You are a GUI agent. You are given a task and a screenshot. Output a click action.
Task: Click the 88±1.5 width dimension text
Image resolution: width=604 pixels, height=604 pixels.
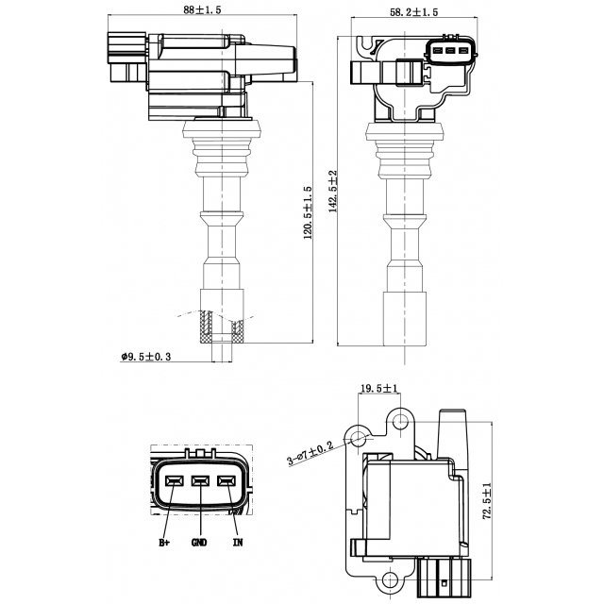coord(202,10)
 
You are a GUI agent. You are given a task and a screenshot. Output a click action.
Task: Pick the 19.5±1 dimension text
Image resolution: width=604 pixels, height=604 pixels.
coord(379,387)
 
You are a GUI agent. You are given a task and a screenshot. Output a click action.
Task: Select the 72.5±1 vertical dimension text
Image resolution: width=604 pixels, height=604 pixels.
coord(487,504)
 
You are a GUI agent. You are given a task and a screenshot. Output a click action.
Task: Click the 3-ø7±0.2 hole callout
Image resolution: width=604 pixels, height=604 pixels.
coord(310,452)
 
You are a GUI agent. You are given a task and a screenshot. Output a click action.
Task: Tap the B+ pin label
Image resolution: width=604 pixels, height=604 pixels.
coord(164,544)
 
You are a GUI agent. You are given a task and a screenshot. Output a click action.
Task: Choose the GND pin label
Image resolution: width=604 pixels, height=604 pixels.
coord(199,544)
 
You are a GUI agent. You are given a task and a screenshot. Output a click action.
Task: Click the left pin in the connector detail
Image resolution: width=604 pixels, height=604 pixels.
coord(174,481)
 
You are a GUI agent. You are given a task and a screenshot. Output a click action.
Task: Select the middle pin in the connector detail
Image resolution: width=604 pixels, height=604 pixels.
coord(199,481)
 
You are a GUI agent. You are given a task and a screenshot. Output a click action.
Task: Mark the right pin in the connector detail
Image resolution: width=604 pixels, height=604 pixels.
coord(226,481)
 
